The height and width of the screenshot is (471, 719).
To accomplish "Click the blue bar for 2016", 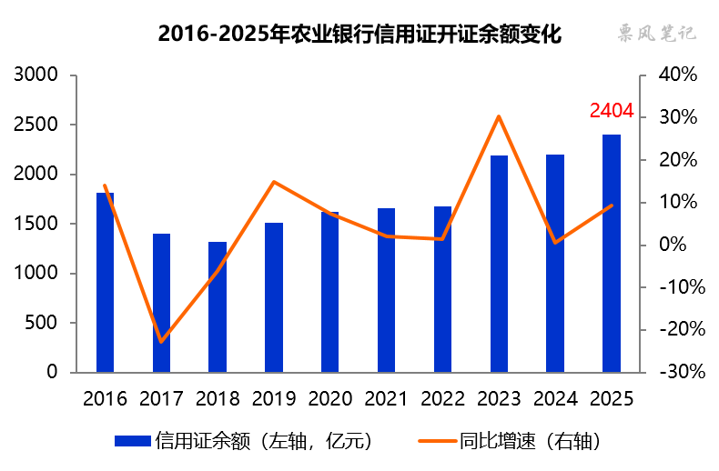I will click(106, 282).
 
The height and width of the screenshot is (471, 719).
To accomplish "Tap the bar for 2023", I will click(499, 264).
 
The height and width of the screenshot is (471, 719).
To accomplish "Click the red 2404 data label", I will click(611, 111).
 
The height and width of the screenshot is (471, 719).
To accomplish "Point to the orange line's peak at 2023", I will click(499, 116).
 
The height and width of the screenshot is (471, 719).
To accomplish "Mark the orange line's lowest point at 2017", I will click(161, 341).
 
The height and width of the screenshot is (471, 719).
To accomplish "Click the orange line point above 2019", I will click(274, 182).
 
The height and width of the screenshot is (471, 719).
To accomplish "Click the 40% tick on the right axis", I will click(677, 75).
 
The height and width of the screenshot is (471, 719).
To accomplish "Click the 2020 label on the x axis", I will click(329, 398).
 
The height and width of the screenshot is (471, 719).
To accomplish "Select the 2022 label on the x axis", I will click(442, 398).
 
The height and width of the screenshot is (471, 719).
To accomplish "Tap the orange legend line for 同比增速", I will click(436, 441).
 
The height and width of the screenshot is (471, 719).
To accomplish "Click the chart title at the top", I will click(359, 35).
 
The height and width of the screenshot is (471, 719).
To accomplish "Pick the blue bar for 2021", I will click(386, 290).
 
